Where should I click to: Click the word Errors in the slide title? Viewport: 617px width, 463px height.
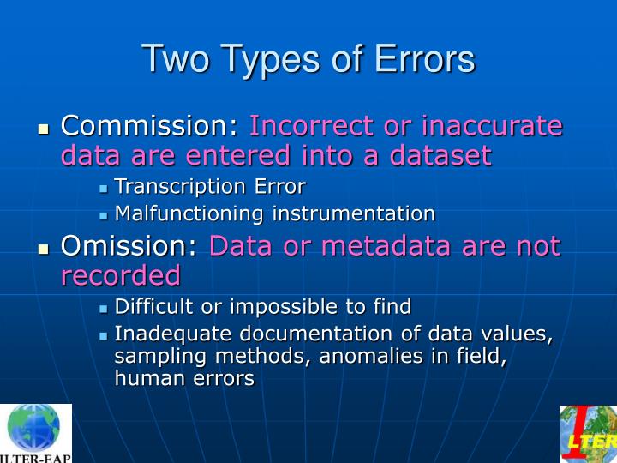point(427,59)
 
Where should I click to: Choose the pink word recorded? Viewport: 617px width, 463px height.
point(121,275)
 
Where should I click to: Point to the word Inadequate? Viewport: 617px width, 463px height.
point(167,334)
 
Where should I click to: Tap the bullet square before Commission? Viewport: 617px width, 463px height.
point(44,129)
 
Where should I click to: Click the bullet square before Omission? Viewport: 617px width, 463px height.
point(44,250)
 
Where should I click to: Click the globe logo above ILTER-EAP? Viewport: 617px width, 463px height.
point(34,427)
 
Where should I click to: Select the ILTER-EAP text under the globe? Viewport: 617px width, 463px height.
point(36,456)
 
